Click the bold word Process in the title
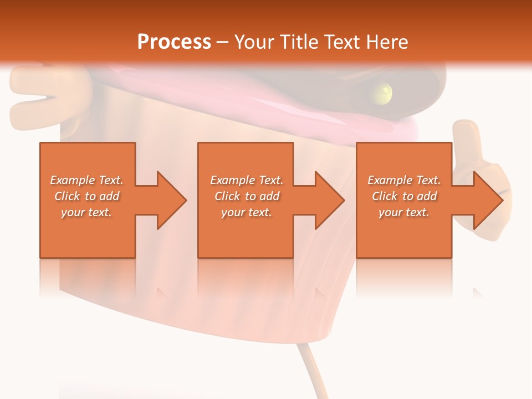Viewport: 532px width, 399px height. coord(174,42)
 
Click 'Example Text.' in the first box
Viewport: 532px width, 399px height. coord(86,180)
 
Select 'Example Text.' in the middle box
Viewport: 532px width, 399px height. coord(247,180)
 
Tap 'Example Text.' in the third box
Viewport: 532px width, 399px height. coord(404,180)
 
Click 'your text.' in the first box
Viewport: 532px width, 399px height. coord(86,212)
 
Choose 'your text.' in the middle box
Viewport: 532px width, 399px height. coord(247,212)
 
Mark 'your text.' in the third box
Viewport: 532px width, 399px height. coord(404,212)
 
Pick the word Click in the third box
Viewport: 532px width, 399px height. coord(385,196)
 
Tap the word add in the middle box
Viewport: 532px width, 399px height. coord(269,196)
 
